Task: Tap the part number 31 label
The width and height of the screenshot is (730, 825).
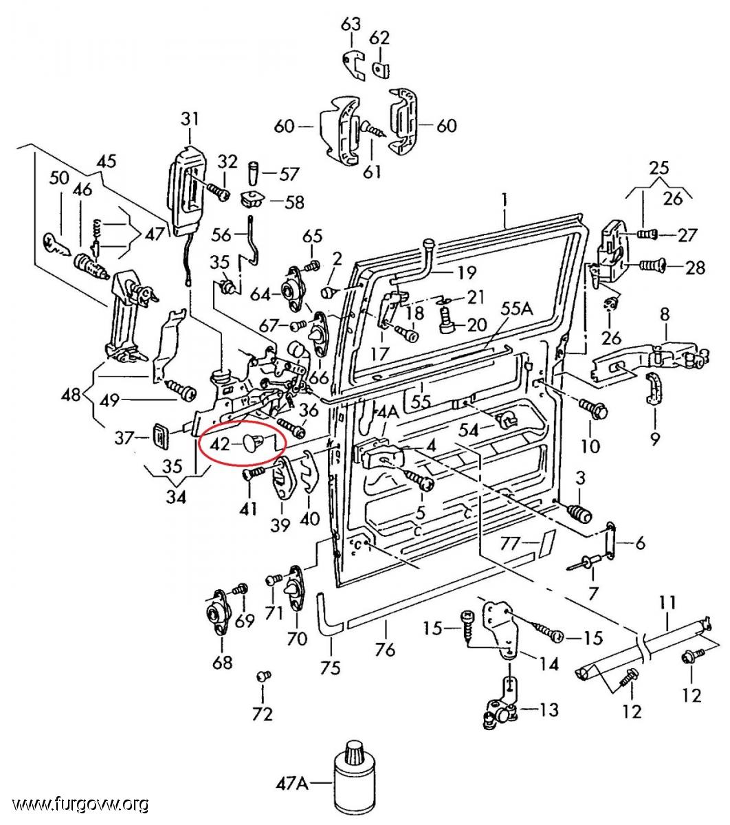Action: point(190,120)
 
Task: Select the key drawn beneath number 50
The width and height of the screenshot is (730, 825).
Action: point(56,245)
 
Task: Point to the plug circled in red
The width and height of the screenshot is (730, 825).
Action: point(253,443)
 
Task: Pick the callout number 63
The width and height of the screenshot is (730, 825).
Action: point(351,25)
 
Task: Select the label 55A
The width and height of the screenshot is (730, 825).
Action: point(517,309)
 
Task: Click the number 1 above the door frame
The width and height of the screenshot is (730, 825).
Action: point(505,200)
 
